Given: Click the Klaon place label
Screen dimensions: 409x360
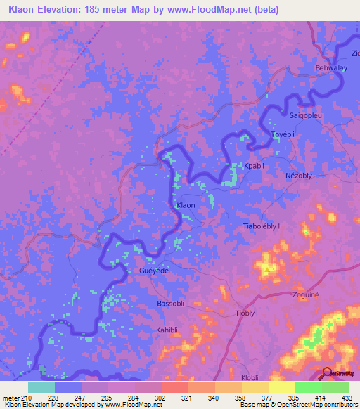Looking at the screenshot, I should point(186,205).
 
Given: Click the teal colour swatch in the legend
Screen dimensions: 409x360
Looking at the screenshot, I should point(41,387).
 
